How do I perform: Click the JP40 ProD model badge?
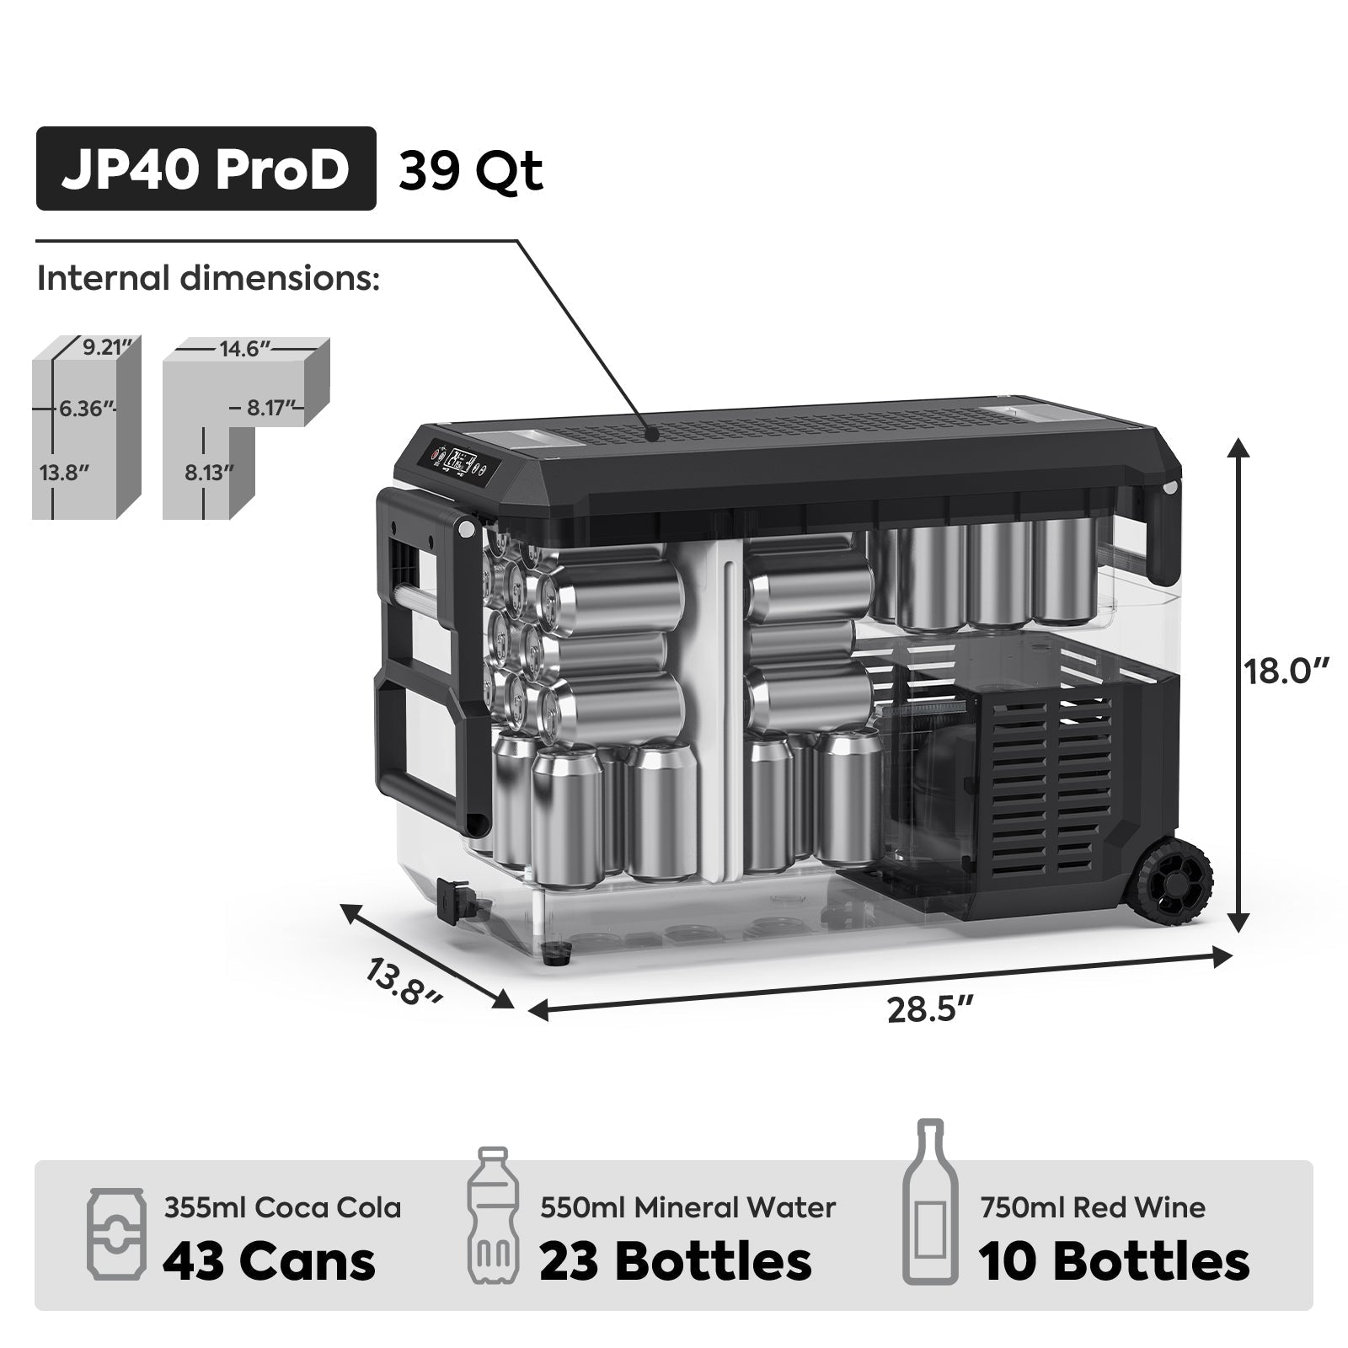tap(206, 168)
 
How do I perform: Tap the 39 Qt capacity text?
tap(470, 172)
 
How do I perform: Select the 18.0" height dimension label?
tap(1286, 672)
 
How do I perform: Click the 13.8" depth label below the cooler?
tap(404, 982)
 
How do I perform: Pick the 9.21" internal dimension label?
tap(109, 347)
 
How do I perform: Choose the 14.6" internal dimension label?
tap(244, 349)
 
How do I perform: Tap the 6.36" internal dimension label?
tap(85, 409)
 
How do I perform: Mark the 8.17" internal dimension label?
tap(270, 409)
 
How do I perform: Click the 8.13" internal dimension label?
tap(209, 472)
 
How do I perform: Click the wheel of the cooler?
tap(1174, 883)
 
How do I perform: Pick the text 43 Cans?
tap(269, 1261)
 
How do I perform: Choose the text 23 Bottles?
tap(676, 1261)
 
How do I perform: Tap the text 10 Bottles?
tap(1114, 1261)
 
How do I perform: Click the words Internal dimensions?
tap(208, 278)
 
